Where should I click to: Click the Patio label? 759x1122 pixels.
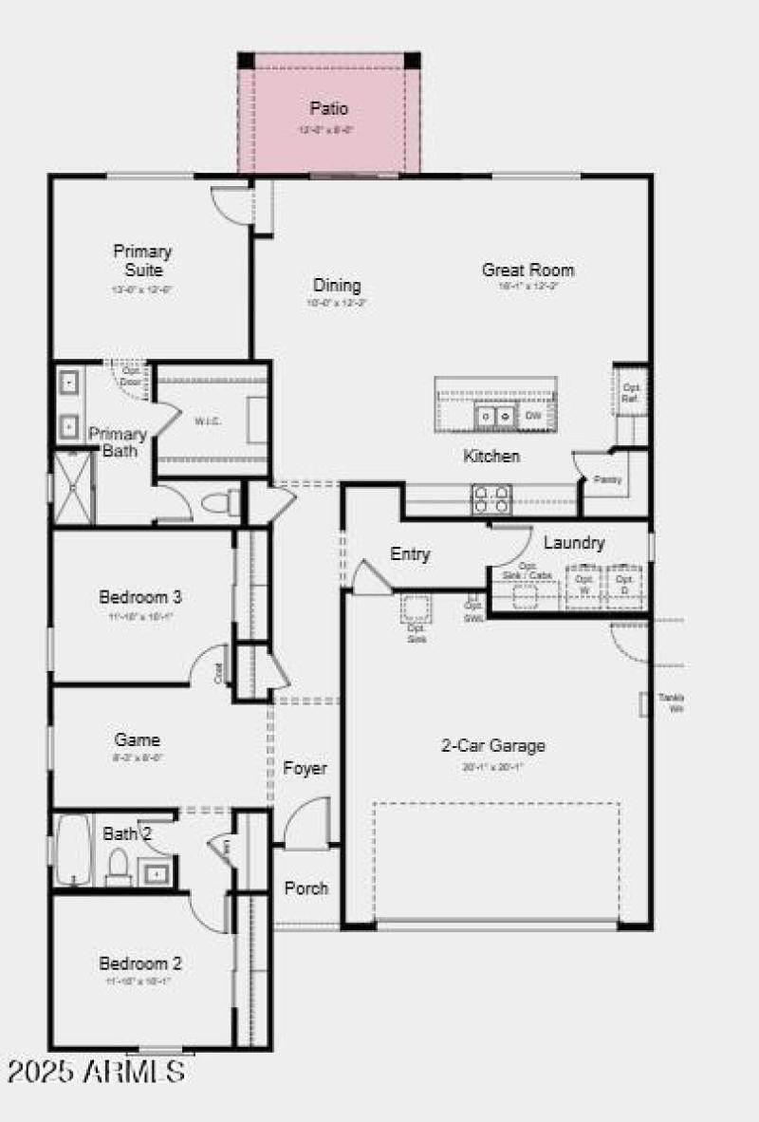tap(328, 109)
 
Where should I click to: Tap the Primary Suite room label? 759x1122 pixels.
tap(142, 261)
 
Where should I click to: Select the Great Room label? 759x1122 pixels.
tap(528, 270)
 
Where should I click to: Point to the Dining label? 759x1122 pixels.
tap(337, 285)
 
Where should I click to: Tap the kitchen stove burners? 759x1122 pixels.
tap(491, 498)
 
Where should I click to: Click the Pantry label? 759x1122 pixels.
tap(607, 479)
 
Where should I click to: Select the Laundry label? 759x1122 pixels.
tap(574, 543)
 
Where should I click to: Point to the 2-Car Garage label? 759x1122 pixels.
tap(493, 745)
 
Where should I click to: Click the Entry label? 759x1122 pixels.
tap(410, 554)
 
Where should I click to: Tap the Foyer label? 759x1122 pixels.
tap(305, 768)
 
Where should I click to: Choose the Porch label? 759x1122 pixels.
tap(306, 888)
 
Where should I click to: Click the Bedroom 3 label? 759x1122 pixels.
tap(140, 597)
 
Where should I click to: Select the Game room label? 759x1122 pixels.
tap(137, 739)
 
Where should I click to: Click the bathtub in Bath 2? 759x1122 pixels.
tap(73, 849)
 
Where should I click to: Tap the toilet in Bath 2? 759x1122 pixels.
tap(119, 867)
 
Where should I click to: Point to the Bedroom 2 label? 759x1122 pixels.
tap(140, 963)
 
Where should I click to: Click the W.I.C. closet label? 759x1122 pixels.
tap(208, 421)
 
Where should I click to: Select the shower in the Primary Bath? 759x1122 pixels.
tap(73, 487)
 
